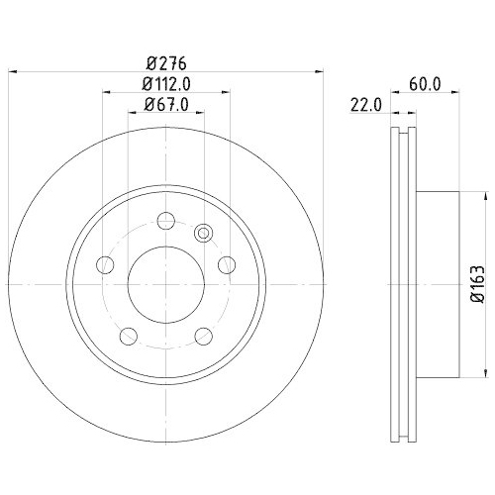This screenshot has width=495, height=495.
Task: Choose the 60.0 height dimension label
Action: point(424,84)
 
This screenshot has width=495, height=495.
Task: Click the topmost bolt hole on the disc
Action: point(166,221)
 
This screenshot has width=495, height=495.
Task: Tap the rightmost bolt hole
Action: point(227,264)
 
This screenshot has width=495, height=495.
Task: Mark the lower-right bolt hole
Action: point(204,336)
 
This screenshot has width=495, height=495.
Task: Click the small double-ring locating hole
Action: point(204,234)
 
